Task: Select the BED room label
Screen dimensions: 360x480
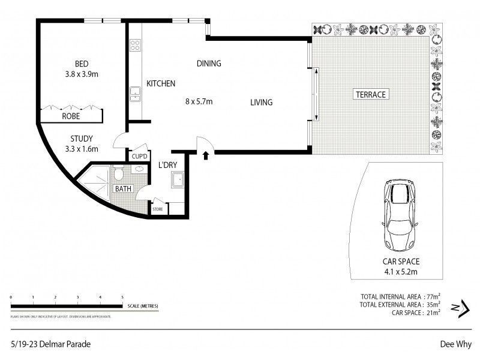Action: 82,64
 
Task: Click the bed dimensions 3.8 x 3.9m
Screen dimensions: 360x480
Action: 82,74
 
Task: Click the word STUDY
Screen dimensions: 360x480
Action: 81,139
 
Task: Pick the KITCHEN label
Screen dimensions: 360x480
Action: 161,84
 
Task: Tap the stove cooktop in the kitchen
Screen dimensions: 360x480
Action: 135,44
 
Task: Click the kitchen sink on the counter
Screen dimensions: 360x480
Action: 135,93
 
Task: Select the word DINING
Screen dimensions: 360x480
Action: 209,64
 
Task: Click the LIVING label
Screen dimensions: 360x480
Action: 261,103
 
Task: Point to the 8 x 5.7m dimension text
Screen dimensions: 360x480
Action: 199,101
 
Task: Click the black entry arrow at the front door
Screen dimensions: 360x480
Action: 206,155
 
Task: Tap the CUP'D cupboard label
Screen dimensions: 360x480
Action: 140,157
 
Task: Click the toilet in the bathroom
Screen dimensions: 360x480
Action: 119,173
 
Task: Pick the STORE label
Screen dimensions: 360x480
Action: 158,209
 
